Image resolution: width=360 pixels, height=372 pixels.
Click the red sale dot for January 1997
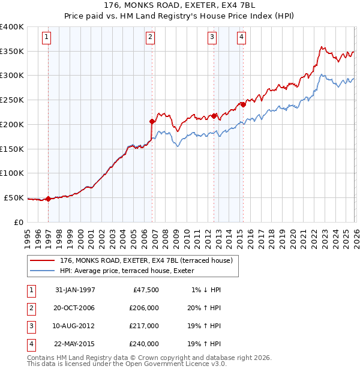pos(48,199)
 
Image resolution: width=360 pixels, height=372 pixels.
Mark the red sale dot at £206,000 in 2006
pos(152,121)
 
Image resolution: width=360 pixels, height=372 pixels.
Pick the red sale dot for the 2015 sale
pos(244,104)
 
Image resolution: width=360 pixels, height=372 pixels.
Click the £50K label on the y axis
pos(14,197)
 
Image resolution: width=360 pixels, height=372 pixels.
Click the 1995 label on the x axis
pos(28,236)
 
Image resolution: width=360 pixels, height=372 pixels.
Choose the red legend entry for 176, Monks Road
pos(150,260)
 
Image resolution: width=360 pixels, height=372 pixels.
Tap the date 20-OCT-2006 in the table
pos(75,307)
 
